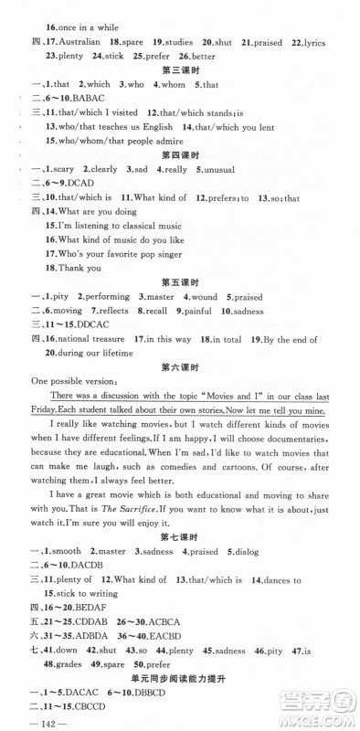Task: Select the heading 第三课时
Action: pos(178,71)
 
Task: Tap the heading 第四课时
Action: pos(178,155)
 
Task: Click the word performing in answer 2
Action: pos(105,297)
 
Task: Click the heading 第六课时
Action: pos(178,367)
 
